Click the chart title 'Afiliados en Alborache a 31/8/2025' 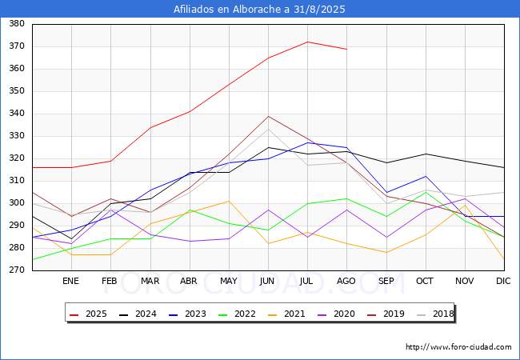(x=260, y=10)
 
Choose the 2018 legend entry (x=440, y=314)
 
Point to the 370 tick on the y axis (x=15, y=46)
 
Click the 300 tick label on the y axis (x=15, y=203)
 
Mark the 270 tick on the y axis (x=15, y=270)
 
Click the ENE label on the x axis (x=70, y=282)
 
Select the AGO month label (x=346, y=282)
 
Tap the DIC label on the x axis (x=503, y=282)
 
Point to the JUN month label (x=268, y=282)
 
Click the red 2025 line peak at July (x=307, y=42)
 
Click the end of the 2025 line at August (x=346, y=49)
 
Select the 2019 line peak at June (x=268, y=116)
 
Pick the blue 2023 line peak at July (x=307, y=142)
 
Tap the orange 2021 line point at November (x=464, y=206)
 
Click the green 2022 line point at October (x=425, y=192)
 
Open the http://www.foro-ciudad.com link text (x=458, y=347)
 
